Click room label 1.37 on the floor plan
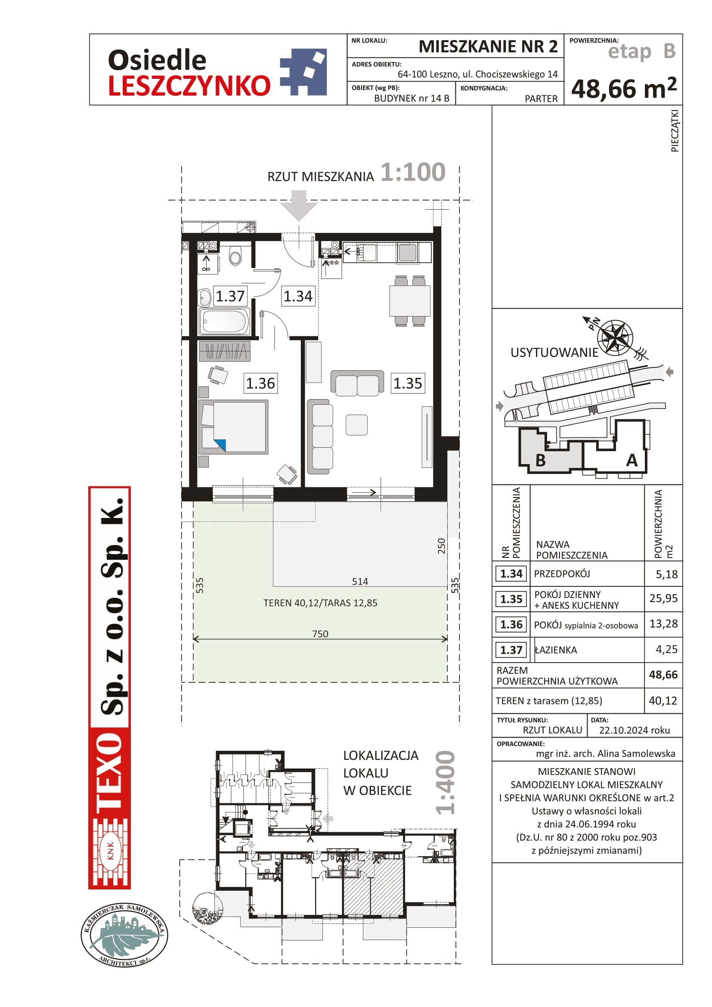230,296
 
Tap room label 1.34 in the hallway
298,296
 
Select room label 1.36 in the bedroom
260,383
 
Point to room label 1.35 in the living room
408,383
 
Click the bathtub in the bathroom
224,322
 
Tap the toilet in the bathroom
235,256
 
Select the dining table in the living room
409,301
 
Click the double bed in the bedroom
233,427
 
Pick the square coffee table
356,425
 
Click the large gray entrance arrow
299,205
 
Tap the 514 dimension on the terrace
360,582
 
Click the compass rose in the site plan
616,337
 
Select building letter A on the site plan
632,461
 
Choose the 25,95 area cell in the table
663,598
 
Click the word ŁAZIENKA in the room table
555,650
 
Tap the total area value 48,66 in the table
663,675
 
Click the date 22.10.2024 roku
635,730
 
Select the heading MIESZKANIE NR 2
488,46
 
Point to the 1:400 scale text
446,782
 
